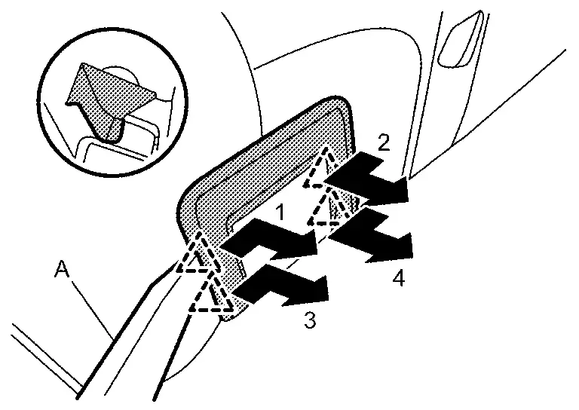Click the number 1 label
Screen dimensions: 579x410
pos(280,213)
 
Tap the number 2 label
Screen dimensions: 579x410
pos(384,142)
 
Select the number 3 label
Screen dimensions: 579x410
pos(310,320)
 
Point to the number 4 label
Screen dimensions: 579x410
pos(399,277)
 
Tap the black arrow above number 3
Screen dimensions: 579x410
pos(280,286)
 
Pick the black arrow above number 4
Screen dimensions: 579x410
pos(369,236)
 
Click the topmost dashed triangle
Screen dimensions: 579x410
pos(321,170)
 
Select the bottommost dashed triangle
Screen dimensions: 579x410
pos(210,295)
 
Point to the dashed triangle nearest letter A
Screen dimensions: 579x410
pos(195,255)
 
